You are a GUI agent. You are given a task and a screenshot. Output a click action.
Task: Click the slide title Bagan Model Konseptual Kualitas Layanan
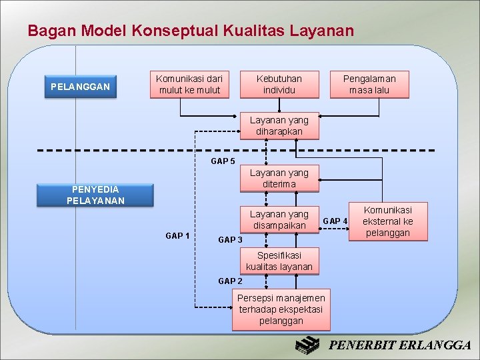pos(191,31)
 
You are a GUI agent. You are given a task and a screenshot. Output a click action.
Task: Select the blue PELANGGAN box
pos(81,87)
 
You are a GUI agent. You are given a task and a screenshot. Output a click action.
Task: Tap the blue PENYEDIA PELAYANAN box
pos(95,195)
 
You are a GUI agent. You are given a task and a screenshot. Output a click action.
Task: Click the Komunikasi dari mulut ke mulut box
pos(189,85)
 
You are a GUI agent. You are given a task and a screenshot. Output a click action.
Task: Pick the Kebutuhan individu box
pos(279,85)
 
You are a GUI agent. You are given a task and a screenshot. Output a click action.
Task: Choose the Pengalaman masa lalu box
pos(369,85)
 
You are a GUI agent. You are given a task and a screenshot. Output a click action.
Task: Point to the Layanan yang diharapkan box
pos(279,126)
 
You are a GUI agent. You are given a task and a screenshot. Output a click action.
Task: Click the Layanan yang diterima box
pos(279,179)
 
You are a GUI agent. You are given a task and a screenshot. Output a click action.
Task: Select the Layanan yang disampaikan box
pos(279,220)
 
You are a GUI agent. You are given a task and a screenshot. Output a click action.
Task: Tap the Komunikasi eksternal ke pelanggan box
pos(387,221)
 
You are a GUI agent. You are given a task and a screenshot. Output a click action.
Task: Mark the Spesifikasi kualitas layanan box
pos(279,261)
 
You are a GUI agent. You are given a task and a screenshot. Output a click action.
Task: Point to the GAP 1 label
pos(177,235)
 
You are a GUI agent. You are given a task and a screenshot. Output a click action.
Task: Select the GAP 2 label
pos(231,281)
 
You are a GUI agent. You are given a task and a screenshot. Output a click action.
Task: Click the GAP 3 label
pos(231,239)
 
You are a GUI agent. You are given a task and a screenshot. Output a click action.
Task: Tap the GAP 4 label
pos(335,221)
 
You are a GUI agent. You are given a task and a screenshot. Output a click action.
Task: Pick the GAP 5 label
pos(223,161)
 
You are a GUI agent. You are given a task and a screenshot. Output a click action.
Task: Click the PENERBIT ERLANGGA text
pos(401,345)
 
